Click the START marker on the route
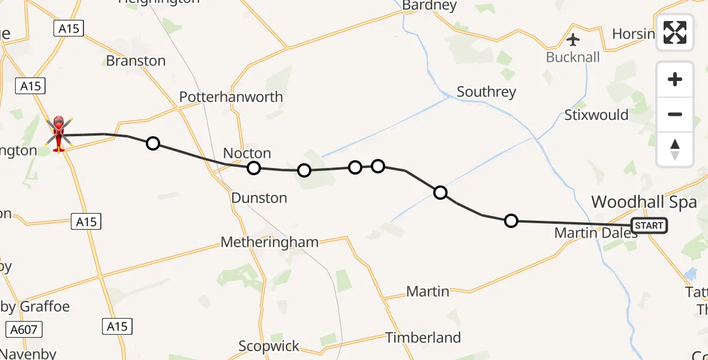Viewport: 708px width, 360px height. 649,226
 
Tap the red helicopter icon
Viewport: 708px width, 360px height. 59,133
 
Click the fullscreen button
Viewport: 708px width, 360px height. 675,32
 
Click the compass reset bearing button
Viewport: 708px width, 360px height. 675,149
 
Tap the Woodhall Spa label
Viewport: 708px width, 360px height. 644,202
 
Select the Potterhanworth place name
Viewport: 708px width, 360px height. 231,97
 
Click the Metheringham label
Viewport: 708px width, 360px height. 269,242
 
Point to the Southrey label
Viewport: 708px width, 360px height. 486,92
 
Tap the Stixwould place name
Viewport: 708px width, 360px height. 596,115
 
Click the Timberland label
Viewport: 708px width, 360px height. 423,337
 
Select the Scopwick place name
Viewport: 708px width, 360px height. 269,346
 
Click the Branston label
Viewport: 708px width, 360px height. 136,61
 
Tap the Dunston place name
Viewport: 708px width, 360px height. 259,197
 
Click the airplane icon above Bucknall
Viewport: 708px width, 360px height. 573,40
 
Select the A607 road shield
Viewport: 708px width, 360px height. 25,329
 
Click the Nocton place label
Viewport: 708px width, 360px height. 247,153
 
